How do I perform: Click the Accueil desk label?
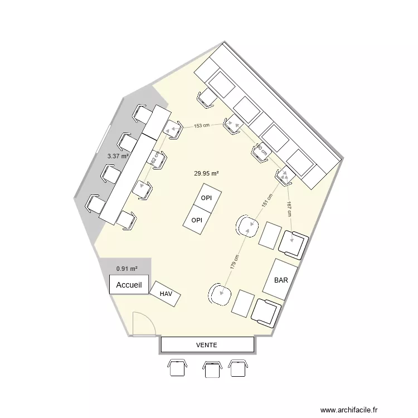tap(129, 285)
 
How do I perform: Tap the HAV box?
tap(166, 293)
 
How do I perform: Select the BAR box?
tap(281, 280)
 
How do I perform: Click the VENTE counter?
tap(206, 346)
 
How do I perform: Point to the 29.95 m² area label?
tap(206, 173)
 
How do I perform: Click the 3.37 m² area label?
tap(118, 157)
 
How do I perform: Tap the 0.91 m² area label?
tap(127, 269)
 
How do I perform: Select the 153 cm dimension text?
tap(202, 126)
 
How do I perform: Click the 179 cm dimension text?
tap(235, 263)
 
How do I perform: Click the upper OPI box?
tap(207, 198)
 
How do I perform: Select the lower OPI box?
tap(197, 220)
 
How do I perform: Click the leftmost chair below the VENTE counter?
tap(178, 368)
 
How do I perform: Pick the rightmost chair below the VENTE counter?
tap(239, 368)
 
